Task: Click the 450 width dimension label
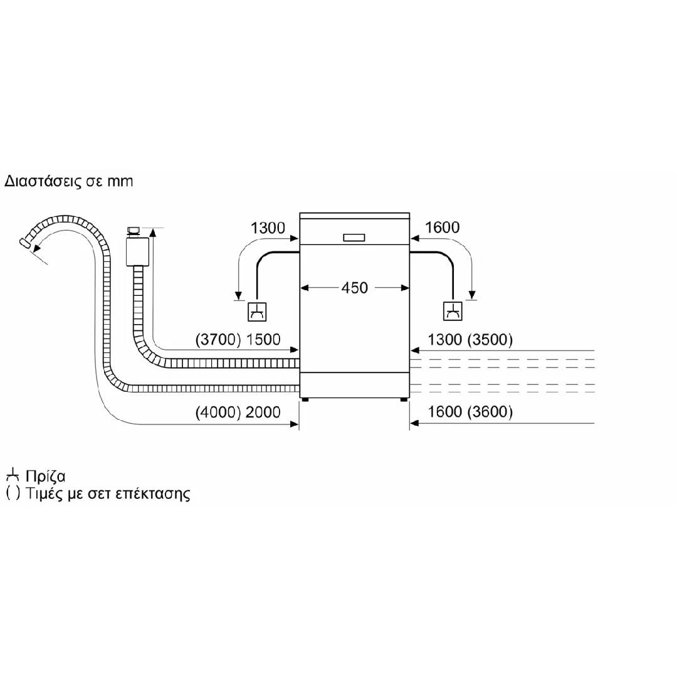tap(354, 288)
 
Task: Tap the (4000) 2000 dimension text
tap(238, 412)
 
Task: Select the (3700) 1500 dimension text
tap(238, 339)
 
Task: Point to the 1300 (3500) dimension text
tap(470, 339)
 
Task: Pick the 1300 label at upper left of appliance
tap(268, 228)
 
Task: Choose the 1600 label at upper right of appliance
tap(443, 227)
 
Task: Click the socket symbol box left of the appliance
tap(257, 312)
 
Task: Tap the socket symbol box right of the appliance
tap(453, 312)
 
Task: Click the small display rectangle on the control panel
tap(354, 238)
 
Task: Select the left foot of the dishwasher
tap(305, 400)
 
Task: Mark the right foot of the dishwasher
tap(404, 400)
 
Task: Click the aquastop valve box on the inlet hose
tap(137, 251)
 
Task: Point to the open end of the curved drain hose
tap(24, 243)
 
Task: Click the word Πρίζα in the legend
tap(45, 476)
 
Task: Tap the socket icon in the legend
tap(13, 475)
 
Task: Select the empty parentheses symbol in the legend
tap(13, 493)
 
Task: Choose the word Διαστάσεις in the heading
tap(43, 181)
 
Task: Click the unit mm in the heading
tap(120, 182)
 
